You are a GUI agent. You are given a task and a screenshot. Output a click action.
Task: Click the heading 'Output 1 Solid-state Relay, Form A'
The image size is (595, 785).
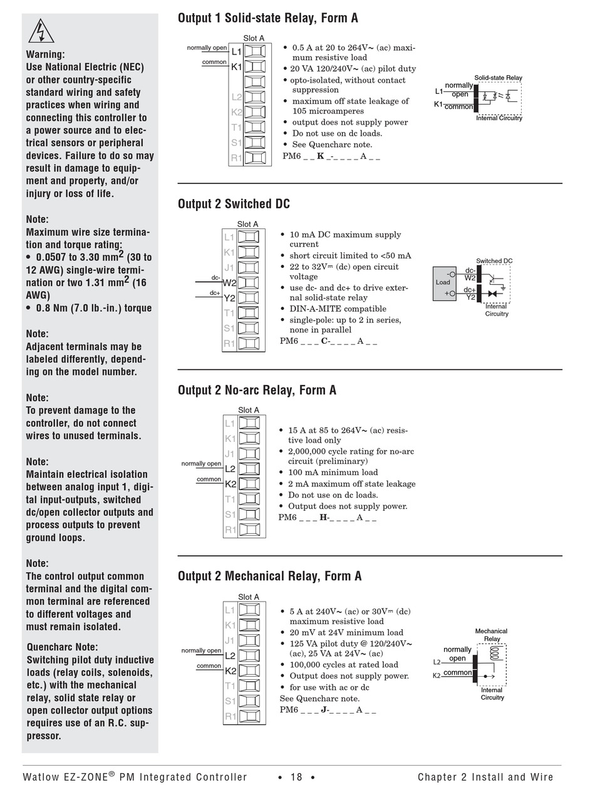(x=267, y=18)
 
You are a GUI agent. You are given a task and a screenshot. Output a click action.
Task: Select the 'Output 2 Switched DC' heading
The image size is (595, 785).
(x=234, y=204)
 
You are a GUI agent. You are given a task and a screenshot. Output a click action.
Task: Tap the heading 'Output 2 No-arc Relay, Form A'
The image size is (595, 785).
(x=257, y=390)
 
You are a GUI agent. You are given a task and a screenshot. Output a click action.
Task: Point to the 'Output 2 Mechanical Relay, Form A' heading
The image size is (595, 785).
(x=269, y=576)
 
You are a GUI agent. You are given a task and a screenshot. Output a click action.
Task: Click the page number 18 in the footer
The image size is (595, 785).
(x=296, y=777)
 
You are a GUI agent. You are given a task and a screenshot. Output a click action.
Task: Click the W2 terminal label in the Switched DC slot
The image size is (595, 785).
(x=229, y=283)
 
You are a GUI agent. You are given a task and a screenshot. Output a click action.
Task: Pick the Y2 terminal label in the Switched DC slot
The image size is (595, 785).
(x=229, y=298)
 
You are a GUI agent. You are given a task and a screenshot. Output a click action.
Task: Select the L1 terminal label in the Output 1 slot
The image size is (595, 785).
(x=236, y=52)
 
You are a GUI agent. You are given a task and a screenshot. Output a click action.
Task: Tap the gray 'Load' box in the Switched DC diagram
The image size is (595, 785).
(x=443, y=283)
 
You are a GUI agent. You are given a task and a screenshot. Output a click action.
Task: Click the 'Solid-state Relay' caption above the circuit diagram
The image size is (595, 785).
(x=498, y=78)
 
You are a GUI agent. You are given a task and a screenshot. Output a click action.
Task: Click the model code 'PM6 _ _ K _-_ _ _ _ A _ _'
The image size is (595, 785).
(x=331, y=156)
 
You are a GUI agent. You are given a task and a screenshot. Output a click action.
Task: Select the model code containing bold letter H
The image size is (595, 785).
(x=328, y=518)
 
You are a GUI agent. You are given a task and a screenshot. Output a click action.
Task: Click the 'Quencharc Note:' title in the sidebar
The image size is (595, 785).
(x=62, y=647)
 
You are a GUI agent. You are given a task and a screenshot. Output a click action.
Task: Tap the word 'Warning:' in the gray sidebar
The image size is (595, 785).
(x=45, y=54)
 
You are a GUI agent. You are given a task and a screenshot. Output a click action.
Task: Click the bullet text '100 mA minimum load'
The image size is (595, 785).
(x=333, y=473)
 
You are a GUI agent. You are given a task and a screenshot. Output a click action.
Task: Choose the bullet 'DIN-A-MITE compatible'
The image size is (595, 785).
(x=338, y=309)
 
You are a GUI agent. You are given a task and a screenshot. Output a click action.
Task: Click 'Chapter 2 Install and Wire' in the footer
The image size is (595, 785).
(x=485, y=777)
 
